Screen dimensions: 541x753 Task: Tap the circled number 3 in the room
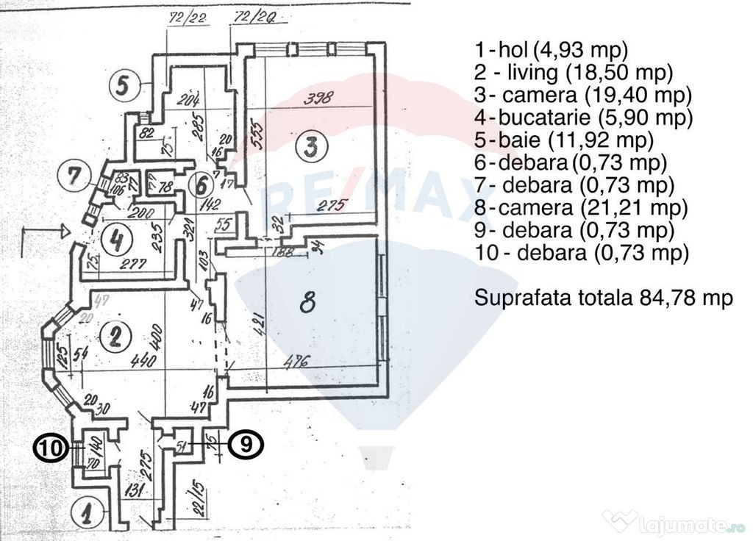[x=312, y=148]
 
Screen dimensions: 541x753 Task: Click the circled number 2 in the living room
[x=115, y=336]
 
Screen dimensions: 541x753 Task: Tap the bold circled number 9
[x=245, y=445]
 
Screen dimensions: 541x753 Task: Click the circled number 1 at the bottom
[x=88, y=512]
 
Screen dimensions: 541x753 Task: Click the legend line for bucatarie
[x=584, y=117]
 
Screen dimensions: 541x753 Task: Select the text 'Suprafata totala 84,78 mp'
[x=604, y=298]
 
